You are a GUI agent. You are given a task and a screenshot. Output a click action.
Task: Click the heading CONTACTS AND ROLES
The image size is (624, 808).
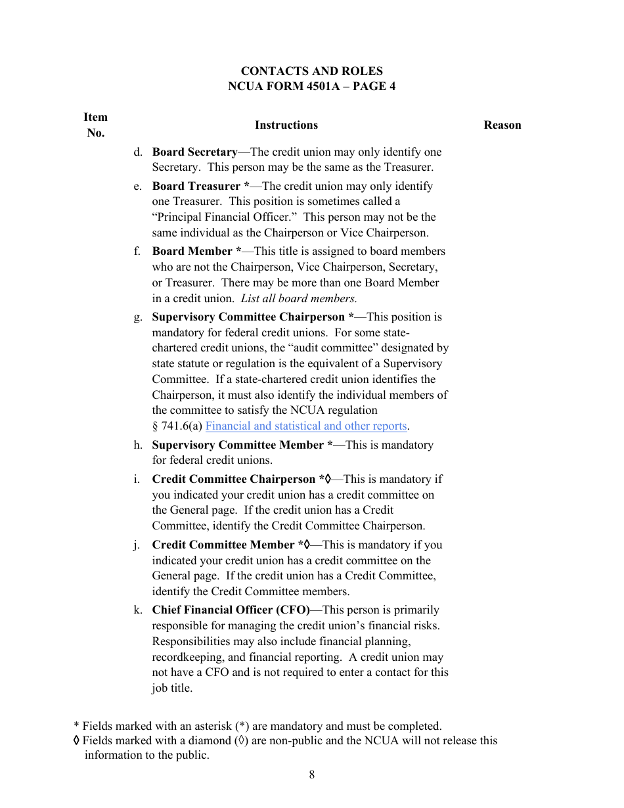coord(311,71)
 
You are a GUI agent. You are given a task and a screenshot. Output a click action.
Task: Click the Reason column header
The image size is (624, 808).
coord(502,125)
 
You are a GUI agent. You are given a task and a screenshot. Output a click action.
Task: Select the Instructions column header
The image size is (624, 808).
coord(286,125)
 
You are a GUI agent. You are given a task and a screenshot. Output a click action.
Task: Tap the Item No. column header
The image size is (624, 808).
coord(95,125)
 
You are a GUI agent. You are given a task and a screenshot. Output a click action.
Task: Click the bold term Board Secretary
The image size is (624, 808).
coord(194,152)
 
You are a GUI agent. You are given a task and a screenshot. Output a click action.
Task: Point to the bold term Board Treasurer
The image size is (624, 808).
coord(196,186)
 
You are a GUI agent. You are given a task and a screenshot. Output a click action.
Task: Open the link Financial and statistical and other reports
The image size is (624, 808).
coord(306,426)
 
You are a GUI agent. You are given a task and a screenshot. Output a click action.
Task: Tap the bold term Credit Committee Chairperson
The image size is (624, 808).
coord(233,479)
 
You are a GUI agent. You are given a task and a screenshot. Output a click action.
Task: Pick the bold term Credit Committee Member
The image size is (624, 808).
coord(223,545)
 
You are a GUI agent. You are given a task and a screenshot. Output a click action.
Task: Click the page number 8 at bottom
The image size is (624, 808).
coord(311,774)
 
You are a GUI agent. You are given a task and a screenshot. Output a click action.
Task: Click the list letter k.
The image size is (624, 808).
coord(138,610)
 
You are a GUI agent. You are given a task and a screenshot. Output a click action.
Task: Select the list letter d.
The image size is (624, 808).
coord(138,152)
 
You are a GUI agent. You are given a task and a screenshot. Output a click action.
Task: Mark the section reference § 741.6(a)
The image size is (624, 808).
coord(177,426)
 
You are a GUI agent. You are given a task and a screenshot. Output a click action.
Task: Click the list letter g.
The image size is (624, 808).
coord(138,317)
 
